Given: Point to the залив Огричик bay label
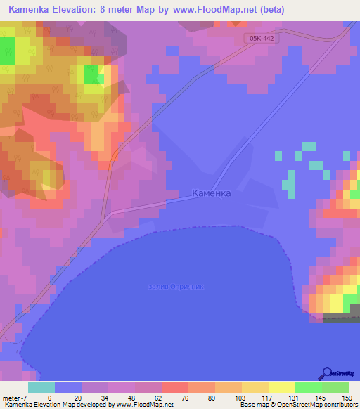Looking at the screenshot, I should pos(176,287).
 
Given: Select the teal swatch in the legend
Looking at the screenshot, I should pos(41,387).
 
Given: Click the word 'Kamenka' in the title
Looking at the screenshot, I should pos(28,10).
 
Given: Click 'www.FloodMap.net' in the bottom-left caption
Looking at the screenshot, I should pos(137,404).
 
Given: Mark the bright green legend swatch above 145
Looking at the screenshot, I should pos(309,387).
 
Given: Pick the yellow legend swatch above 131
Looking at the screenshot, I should pos(282,387).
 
